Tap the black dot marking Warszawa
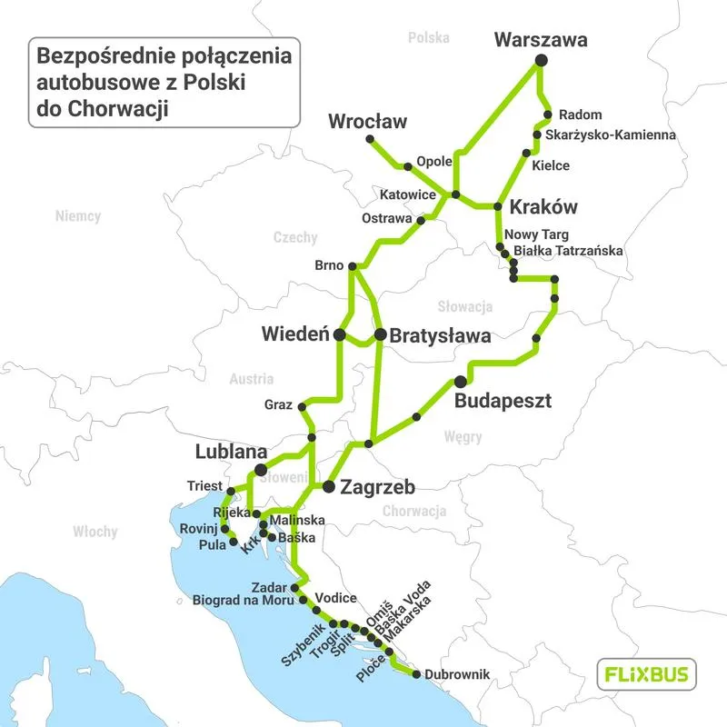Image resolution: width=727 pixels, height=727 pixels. pos(541,60)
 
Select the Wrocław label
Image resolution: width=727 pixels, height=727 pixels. pos(368,121)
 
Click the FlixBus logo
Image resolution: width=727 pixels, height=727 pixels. pos(646,675)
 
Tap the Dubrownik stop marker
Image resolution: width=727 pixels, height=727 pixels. pos(416,674)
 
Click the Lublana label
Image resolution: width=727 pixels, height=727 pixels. pos(231,452)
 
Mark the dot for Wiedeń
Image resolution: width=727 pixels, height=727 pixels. pos(339,335)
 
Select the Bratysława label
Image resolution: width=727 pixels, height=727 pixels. pos(440,335)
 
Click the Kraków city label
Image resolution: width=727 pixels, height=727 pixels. pos(544,206)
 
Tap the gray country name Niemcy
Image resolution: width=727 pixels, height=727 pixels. pos(77,217)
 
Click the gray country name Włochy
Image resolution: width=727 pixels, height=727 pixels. pos(95,532)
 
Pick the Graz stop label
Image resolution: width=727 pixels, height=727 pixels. pos(279,404)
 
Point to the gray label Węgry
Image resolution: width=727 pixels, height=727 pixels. pos(463,437)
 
